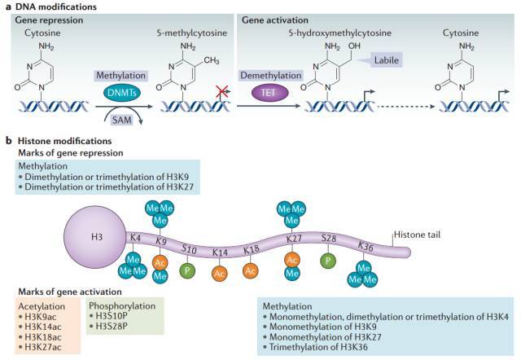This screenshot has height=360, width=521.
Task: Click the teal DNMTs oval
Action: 122,93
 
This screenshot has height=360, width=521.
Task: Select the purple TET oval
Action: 269,93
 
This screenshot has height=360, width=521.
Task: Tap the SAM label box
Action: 122,120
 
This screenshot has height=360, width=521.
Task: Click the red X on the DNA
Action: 221,91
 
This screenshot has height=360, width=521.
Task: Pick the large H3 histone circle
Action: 97,237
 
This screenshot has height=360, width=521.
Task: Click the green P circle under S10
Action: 187,270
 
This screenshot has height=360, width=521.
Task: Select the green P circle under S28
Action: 328,261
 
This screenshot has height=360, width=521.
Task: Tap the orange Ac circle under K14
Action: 219,274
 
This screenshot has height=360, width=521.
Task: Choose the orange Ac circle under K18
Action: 250,271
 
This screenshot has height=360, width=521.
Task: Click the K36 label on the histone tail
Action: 366,246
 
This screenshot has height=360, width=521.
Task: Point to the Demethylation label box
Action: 271,76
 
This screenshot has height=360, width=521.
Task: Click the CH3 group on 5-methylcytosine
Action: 212,60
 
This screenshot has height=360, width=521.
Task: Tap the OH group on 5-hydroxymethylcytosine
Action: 354,46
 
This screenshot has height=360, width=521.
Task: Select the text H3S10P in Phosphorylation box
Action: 111,316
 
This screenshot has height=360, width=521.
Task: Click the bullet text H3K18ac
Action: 43,336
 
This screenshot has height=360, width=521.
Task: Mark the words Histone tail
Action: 417,235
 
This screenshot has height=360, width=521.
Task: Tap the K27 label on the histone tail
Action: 294,238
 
